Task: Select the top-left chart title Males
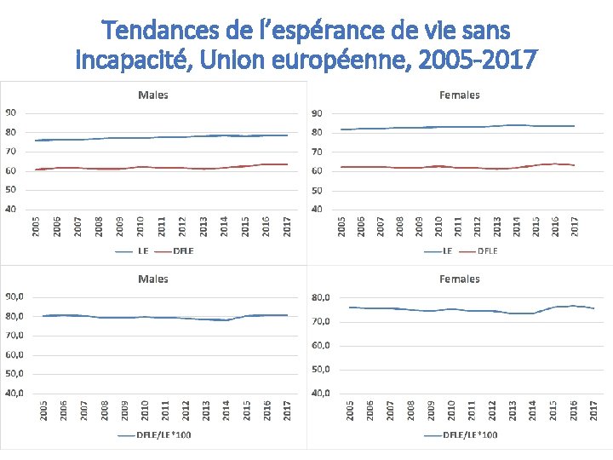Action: (153, 95)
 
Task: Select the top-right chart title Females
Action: (460, 95)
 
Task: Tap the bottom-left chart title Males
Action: (153, 279)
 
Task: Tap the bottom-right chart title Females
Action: (460, 279)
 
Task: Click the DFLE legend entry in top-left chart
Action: (182, 250)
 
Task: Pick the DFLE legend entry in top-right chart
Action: (487, 250)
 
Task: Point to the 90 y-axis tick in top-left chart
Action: (9, 113)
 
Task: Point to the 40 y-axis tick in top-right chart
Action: (317, 209)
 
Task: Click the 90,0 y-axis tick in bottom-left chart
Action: (14, 296)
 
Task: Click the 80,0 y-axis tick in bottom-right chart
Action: (321, 297)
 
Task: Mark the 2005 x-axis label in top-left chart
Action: (36, 227)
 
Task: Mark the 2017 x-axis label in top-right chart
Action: (575, 227)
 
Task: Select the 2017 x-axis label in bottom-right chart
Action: (594, 411)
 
